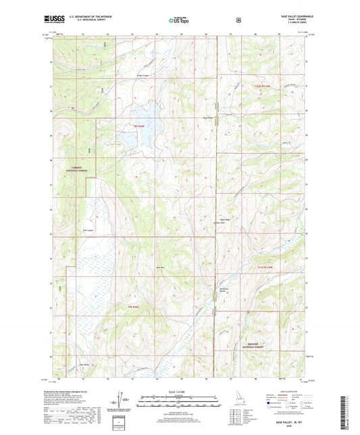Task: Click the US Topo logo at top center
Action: [x=180, y=20]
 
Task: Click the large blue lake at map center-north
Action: [x=142, y=122]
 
